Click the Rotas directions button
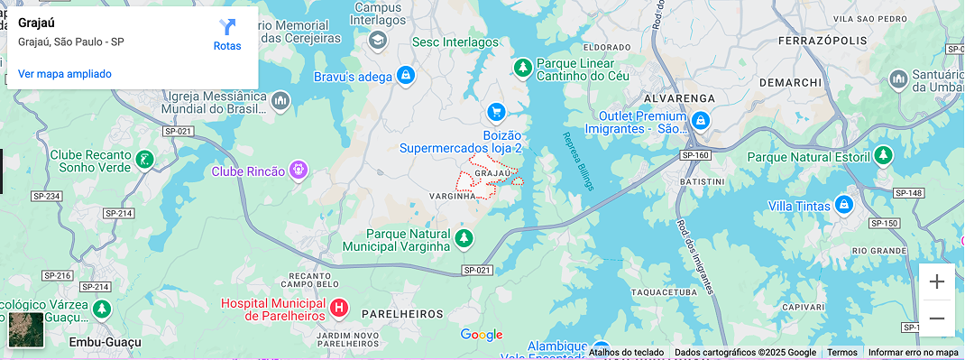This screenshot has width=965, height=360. (227, 34)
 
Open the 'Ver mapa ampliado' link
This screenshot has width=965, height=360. (65, 74)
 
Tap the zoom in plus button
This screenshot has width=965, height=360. (937, 282)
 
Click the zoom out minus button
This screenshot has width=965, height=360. (937, 318)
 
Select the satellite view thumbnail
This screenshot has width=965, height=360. (26, 329)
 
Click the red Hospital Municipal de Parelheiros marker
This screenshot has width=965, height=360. (339, 309)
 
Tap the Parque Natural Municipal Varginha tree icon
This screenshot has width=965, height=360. (464, 237)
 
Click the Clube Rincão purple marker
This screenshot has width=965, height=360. (299, 170)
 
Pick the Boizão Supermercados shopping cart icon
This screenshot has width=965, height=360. (495, 112)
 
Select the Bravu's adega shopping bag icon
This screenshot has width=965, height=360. (405, 76)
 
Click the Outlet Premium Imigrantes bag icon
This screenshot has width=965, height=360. (701, 120)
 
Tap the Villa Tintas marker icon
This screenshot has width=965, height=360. (843, 205)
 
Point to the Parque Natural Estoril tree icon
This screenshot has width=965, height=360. (884, 156)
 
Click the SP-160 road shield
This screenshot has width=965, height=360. (695, 155)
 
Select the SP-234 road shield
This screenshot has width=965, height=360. (46, 197)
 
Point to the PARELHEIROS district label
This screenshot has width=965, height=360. (402, 314)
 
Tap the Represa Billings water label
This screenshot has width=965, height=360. (578, 161)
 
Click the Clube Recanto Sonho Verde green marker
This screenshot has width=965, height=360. (144, 161)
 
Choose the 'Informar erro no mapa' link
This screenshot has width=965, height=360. (913, 353)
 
